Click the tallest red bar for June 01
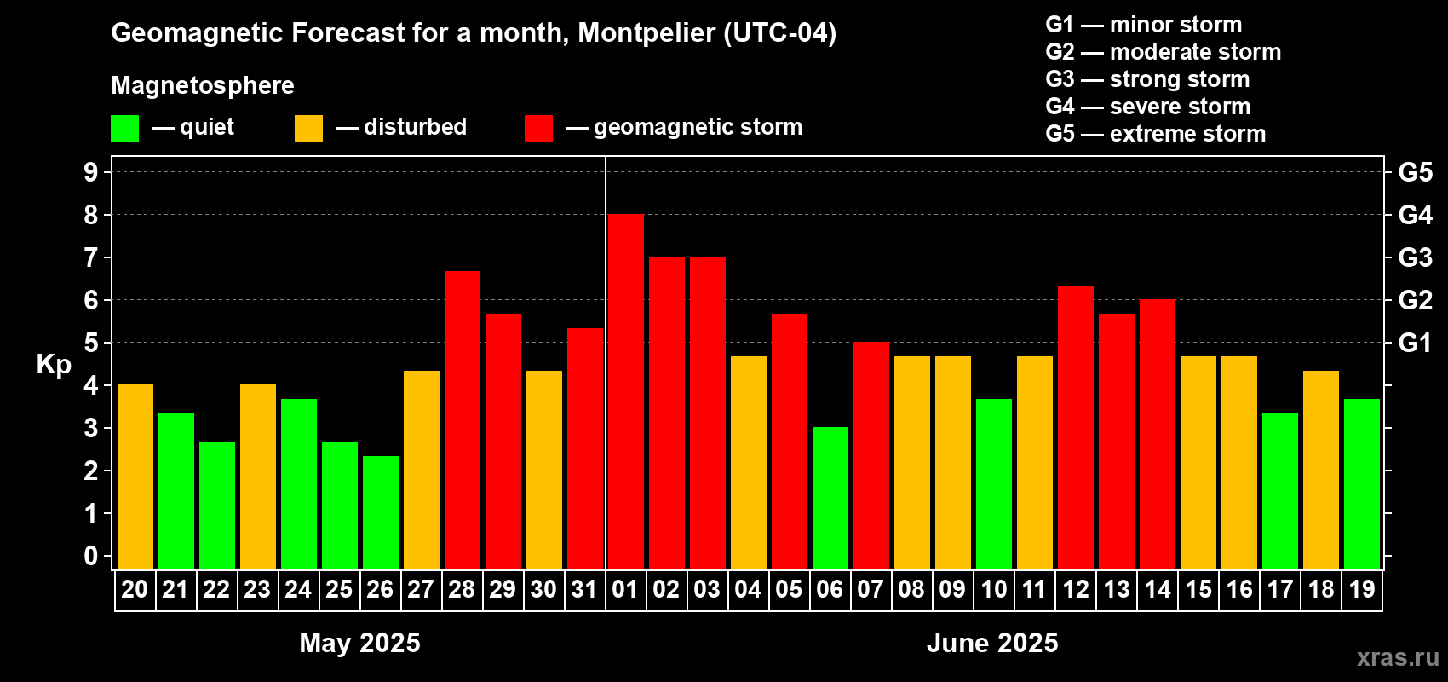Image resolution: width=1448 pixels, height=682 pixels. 625,392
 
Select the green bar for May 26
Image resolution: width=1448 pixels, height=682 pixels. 381,512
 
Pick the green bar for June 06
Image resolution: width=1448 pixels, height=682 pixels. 830,498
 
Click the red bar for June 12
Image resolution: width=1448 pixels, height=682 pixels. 1076,427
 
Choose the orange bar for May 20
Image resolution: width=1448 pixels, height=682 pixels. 135,477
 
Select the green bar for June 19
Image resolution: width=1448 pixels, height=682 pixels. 1362,483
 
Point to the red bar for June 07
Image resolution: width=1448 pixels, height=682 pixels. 871,455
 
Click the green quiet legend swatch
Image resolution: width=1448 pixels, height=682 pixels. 124,129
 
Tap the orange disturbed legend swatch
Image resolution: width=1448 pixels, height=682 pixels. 308,129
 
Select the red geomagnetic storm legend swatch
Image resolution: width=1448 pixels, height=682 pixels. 538,129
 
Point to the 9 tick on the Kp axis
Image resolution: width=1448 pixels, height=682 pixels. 91,172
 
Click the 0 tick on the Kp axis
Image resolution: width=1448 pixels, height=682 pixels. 91,557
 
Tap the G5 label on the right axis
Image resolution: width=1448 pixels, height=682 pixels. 1415,172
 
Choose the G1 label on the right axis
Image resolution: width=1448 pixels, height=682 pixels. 1415,343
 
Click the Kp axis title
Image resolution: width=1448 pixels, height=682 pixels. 54,365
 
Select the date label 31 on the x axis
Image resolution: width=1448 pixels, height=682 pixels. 584,589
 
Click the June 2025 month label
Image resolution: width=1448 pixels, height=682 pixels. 992,643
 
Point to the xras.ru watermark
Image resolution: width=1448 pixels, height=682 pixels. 1397,657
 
